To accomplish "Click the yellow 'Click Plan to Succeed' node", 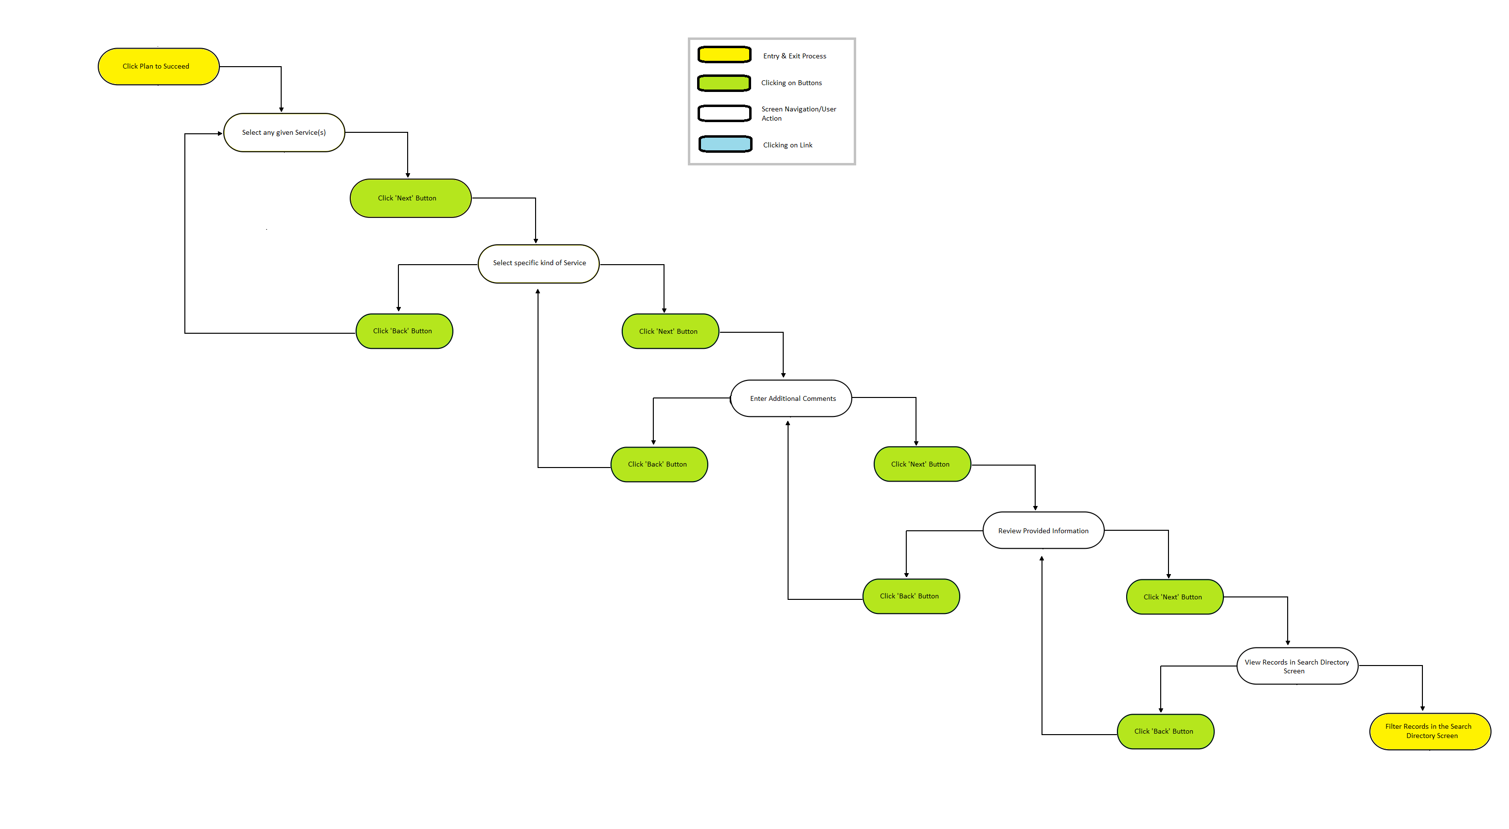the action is click(x=158, y=66).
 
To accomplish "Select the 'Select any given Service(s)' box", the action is click(x=284, y=132).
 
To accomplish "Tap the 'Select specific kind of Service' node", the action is click(x=539, y=264).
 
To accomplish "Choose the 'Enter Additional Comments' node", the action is click(x=791, y=398).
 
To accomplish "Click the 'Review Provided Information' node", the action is click(x=1043, y=530).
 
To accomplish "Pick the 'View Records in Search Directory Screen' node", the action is click(x=1297, y=666).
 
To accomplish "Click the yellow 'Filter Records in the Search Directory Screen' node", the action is click(x=1430, y=731).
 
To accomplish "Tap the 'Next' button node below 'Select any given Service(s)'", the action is click(x=411, y=198).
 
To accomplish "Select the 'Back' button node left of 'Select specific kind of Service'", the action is click(x=404, y=331).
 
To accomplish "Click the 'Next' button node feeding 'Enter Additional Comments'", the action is click(x=670, y=331).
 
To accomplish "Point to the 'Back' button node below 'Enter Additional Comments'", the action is click(x=659, y=465).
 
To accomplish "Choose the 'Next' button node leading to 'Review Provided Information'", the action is click(x=922, y=464).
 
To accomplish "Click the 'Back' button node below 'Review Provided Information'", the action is click(x=911, y=596).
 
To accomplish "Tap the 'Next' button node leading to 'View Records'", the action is click(x=1174, y=597).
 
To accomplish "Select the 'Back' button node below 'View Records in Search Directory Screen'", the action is click(x=1166, y=731).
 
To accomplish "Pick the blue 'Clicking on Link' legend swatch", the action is click(x=725, y=144).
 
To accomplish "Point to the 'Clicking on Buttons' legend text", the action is click(x=791, y=83).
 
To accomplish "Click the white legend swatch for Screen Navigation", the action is click(x=725, y=113).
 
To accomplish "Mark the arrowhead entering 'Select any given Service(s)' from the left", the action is click(x=220, y=134).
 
